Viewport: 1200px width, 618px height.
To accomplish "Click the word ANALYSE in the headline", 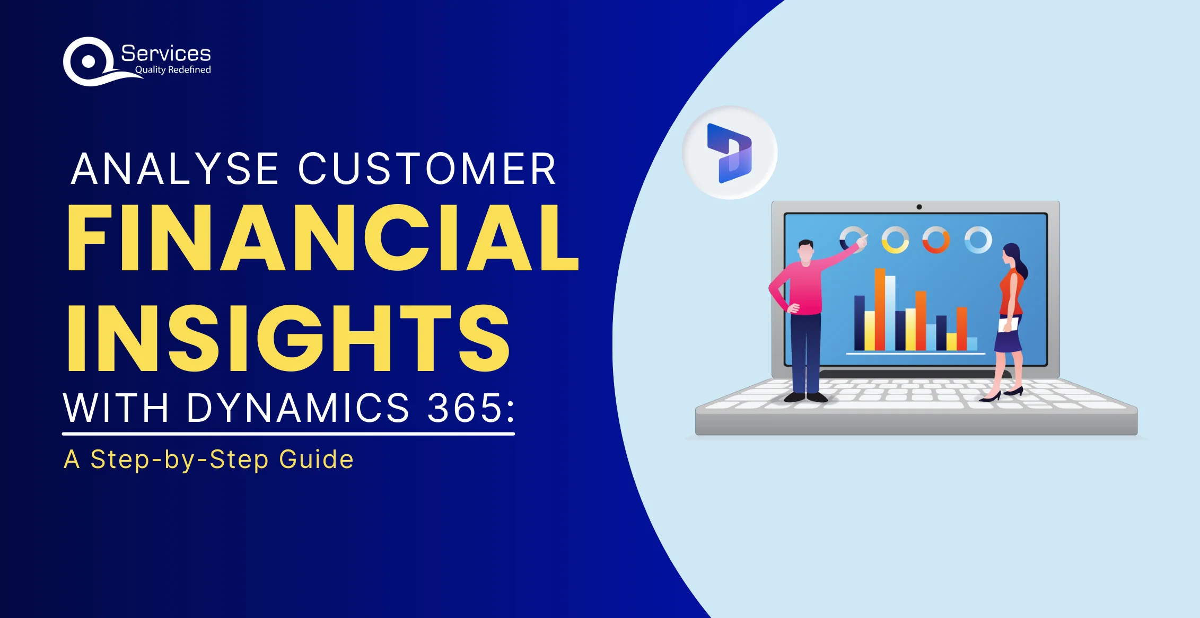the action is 175,169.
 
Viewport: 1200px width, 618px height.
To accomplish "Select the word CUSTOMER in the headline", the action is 427,169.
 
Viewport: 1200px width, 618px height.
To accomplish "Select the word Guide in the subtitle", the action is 317,459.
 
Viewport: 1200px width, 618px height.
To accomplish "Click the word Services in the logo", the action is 166,54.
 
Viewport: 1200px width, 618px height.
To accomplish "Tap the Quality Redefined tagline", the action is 173,70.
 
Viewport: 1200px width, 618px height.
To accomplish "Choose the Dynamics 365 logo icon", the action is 730,153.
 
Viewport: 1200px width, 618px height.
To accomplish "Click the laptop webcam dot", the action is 919,207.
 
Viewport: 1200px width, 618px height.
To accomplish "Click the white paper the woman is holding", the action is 1008,324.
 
